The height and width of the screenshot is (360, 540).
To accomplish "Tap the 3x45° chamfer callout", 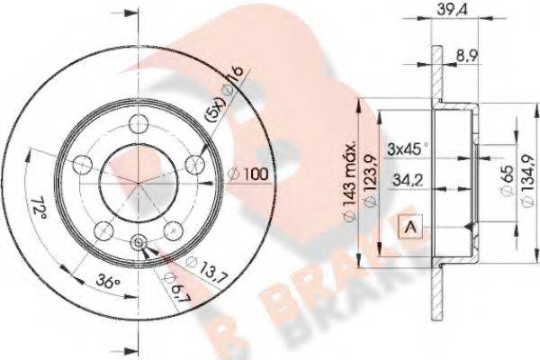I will pos(407,148).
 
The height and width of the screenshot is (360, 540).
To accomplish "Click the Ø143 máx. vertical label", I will pos(351,171).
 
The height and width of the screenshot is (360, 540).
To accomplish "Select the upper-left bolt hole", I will pos(84,164).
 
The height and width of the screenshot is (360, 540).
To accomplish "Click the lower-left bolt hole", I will pos(103,228).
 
